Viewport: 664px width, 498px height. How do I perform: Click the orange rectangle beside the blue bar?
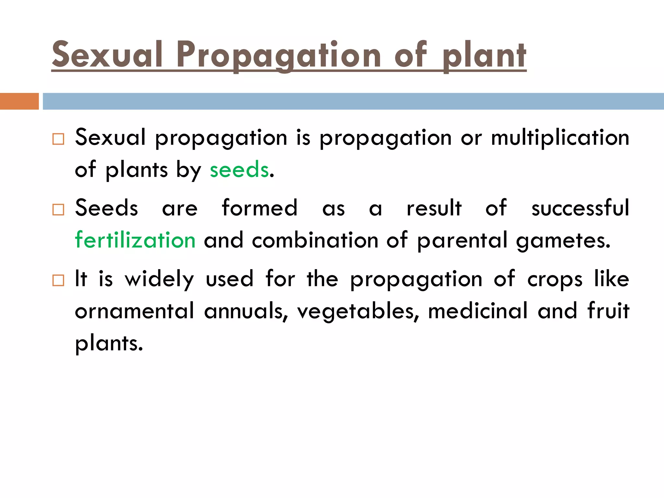[x=19, y=101]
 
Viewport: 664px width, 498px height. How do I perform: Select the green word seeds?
[x=239, y=170]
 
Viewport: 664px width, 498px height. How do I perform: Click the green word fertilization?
[x=135, y=240]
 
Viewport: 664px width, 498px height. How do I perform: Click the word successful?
[x=580, y=208]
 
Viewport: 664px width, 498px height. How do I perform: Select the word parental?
[x=462, y=240]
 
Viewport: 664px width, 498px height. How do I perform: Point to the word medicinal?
[x=478, y=311]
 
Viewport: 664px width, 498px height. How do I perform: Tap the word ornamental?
[x=135, y=311]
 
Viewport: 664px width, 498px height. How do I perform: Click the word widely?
[x=160, y=279]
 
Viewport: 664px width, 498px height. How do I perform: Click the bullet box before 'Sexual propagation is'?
[x=58, y=139]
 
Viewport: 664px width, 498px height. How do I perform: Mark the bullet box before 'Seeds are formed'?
[x=58, y=210]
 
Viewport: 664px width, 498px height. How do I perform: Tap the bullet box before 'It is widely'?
[x=58, y=280]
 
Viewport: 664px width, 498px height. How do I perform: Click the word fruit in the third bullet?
[x=608, y=311]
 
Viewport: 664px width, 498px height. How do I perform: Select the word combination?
[x=315, y=240]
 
